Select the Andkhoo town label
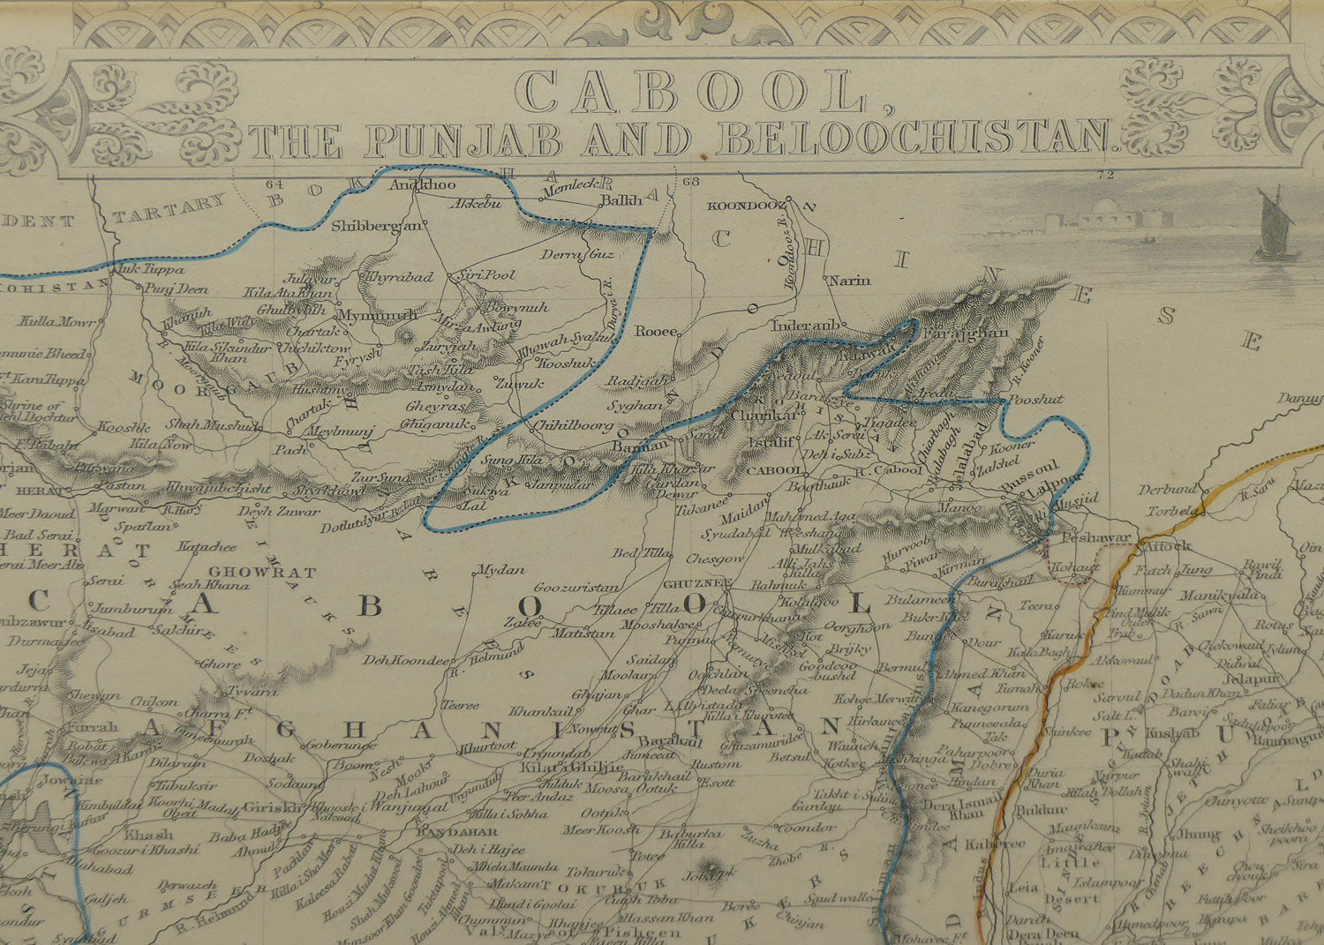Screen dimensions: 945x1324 [422, 185]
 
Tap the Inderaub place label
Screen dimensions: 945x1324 [804, 325]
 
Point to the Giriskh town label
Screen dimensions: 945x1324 [275, 806]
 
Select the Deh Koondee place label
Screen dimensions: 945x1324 [409, 661]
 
